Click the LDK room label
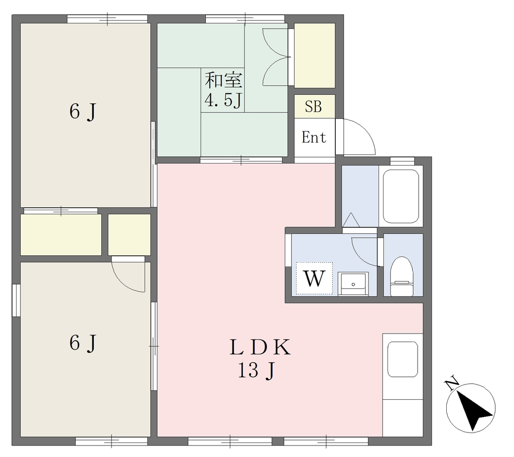click(260, 348)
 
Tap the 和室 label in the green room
click(224, 80)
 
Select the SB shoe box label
click(313, 106)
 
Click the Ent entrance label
click(314, 137)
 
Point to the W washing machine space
click(314, 278)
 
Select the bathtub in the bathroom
click(401, 196)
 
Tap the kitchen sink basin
click(403, 359)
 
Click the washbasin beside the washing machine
click(353, 284)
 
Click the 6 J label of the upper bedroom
click(83, 112)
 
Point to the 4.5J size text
click(223, 100)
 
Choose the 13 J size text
click(256, 371)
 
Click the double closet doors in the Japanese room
click(277, 57)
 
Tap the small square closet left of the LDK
click(130, 235)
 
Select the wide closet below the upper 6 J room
click(61, 235)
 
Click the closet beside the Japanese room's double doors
click(315, 55)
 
